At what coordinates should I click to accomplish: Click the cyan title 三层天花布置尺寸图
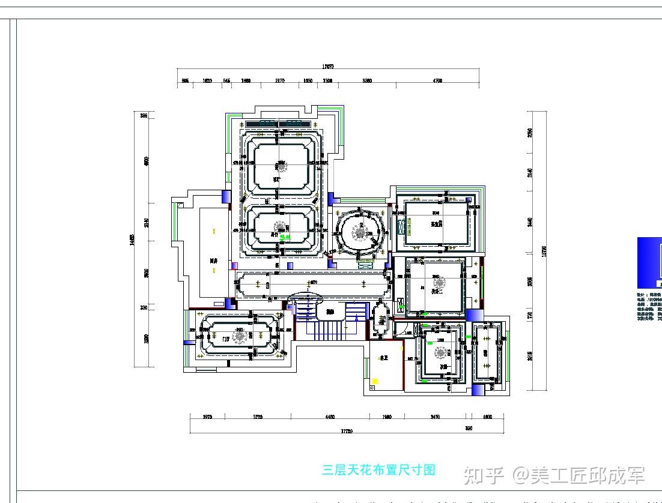[378, 470]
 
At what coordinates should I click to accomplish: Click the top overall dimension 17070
[327, 67]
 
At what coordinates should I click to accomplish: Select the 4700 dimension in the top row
[437, 80]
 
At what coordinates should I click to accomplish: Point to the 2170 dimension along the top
[280, 80]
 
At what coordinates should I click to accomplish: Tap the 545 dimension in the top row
[226, 80]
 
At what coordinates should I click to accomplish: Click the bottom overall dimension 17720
[347, 430]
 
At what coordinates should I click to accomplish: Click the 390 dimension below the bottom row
[469, 429]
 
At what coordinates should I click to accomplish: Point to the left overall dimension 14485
[132, 240]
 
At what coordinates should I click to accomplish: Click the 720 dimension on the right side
[530, 315]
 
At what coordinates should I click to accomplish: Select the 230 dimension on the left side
[144, 308]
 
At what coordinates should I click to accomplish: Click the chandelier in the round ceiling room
[360, 233]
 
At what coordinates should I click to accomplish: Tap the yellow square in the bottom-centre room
[375, 381]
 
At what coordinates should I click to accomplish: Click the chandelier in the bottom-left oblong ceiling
[240, 338]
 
